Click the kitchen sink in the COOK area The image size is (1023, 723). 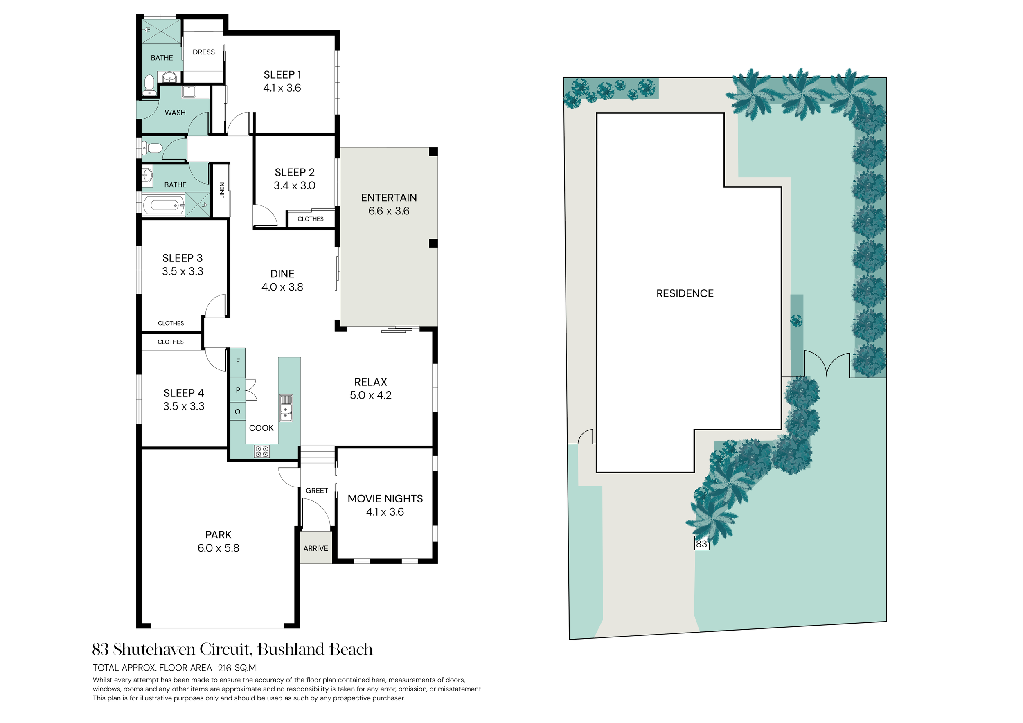[286, 408]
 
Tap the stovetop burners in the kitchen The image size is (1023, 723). [261, 452]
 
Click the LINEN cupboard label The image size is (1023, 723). [222, 191]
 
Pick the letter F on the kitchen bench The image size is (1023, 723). [238, 361]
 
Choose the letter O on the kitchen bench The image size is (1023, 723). [237, 412]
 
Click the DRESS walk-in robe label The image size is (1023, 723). [204, 52]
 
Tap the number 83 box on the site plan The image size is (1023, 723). [701, 543]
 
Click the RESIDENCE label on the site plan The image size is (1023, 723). [685, 293]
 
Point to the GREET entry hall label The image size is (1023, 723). [317, 491]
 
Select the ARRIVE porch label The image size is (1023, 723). [316, 548]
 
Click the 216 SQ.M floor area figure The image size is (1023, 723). [237, 668]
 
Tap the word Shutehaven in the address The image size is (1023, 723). [155, 649]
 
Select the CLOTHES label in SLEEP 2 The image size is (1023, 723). [311, 219]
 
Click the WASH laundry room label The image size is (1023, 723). [175, 113]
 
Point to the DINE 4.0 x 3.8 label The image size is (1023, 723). [282, 280]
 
